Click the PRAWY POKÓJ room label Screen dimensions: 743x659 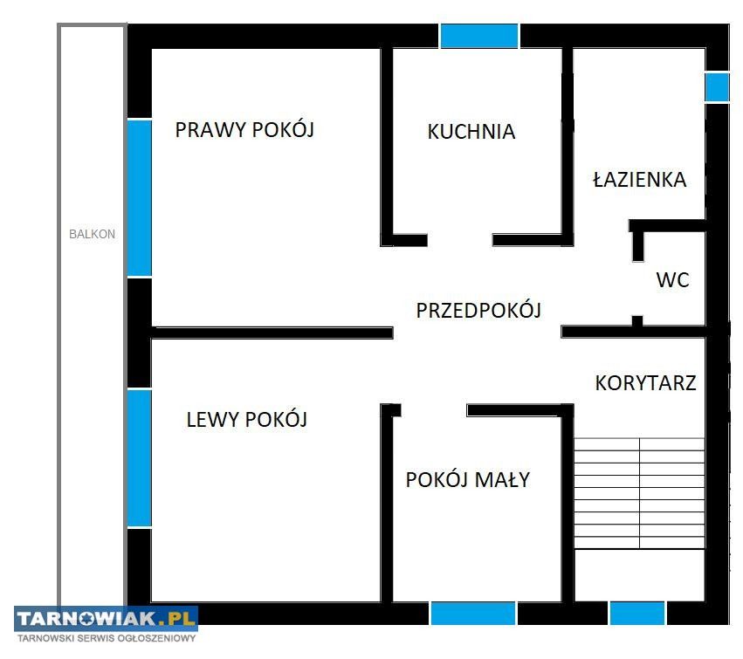click(244, 129)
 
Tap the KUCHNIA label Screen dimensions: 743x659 click(471, 132)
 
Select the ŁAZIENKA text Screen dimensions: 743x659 click(640, 179)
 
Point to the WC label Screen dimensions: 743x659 click(672, 280)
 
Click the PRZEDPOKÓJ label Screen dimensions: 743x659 click(478, 311)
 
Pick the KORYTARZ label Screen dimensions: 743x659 click(645, 383)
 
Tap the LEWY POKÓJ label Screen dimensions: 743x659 click(247, 419)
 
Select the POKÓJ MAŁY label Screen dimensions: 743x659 click(468, 479)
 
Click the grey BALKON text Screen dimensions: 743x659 click(92, 234)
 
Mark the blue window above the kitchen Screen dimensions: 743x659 click(479, 36)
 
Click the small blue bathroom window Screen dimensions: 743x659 click(717, 86)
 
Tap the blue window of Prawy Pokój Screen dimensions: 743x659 click(140, 198)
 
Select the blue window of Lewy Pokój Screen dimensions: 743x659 click(140, 458)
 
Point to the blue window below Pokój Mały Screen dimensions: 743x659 click(473, 614)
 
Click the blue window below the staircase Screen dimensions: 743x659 click(637, 614)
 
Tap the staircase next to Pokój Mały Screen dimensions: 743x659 click(640, 494)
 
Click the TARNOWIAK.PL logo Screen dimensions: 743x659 click(107, 618)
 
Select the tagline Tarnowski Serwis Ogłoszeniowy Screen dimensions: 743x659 click(107, 638)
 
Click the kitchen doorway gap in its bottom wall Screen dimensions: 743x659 click(460, 240)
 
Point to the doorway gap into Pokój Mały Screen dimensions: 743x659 click(434, 410)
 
